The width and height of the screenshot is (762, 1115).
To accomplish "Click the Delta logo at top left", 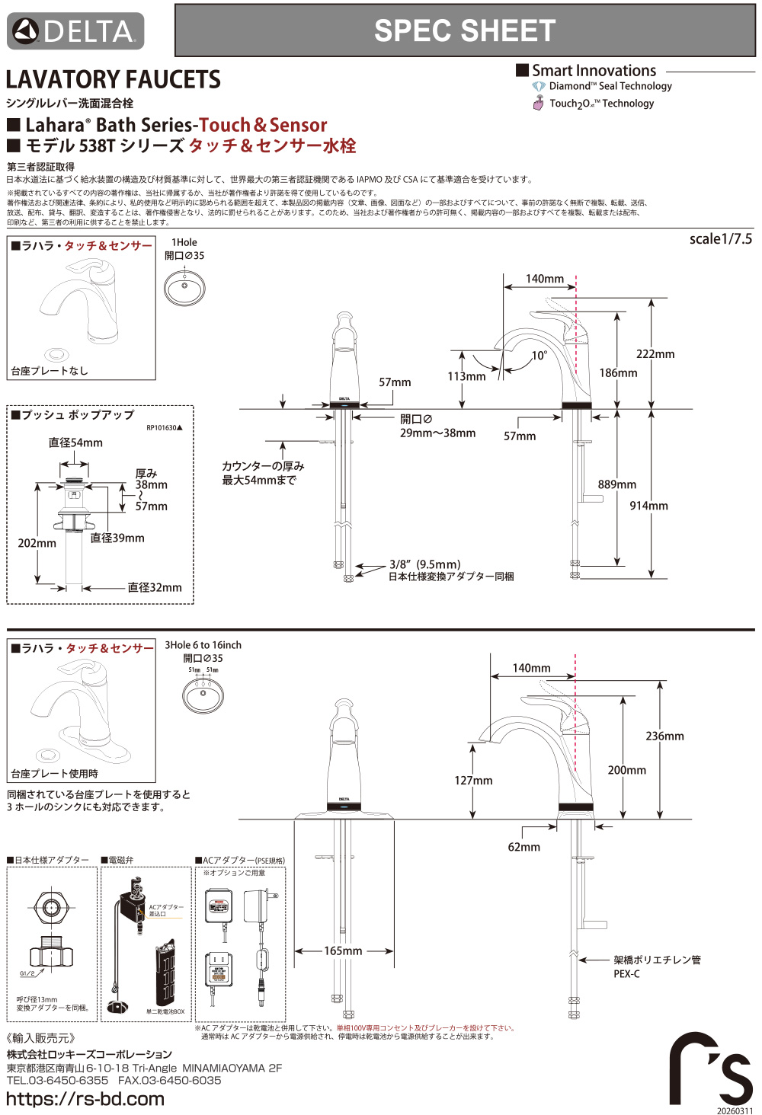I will pyautogui.click(x=75, y=31).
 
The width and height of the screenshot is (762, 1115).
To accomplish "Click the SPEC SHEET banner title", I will pyautogui.click(x=464, y=30).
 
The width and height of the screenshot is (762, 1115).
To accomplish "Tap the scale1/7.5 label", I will pyautogui.click(x=720, y=239).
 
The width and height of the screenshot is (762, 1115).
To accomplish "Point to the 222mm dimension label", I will pyautogui.click(x=655, y=354).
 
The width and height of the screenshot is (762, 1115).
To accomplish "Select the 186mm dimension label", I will pyautogui.click(x=618, y=373).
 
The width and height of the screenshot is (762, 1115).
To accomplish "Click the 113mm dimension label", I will pyautogui.click(x=466, y=376).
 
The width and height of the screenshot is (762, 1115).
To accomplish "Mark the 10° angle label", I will pyautogui.click(x=539, y=356).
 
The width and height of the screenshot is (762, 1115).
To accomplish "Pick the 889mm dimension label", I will pyautogui.click(x=616, y=484).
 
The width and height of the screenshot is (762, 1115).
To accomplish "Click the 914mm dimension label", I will pyautogui.click(x=648, y=506).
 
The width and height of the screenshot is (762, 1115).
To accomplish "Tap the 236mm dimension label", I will pyautogui.click(x=664, y=736).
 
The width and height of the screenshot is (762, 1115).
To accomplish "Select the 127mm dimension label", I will pyautogui.click(x=473, y=781).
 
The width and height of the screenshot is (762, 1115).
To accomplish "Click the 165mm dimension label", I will pyautogui.click(x=343, y=951).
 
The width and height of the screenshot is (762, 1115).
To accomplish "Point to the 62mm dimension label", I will pyautogui.click(x=523, y=847).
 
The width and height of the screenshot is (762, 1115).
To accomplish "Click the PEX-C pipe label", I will pyautogui.click(x=626, y=974).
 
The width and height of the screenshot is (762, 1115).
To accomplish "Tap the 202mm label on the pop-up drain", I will pyautogui.click(x=37, y=544).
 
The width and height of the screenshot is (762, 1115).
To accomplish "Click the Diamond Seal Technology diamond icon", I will pyautogui.click(x=539, y=87).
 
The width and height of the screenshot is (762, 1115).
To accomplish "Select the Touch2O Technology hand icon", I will pyautogui.click(x=539, y=104).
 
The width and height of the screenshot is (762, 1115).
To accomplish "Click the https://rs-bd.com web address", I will pyautogui.click(x=85, y=1099).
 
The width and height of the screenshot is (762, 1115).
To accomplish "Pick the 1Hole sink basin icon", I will pyautogui.click(x=184, y=288).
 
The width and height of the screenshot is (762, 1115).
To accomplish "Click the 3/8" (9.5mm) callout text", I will pyautogui.click(x=424, y=564).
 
